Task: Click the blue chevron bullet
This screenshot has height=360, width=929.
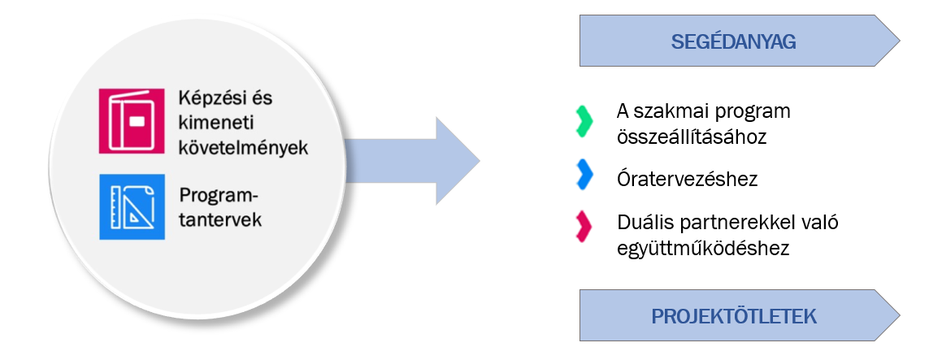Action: (x=581, y=174)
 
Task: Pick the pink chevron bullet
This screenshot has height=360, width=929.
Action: (x=581, y=225)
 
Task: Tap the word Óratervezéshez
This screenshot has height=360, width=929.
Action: (x=687, y=179)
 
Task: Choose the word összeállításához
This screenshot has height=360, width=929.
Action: (x=692, y=137)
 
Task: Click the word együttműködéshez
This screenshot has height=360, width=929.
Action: (x=703, y=247)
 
